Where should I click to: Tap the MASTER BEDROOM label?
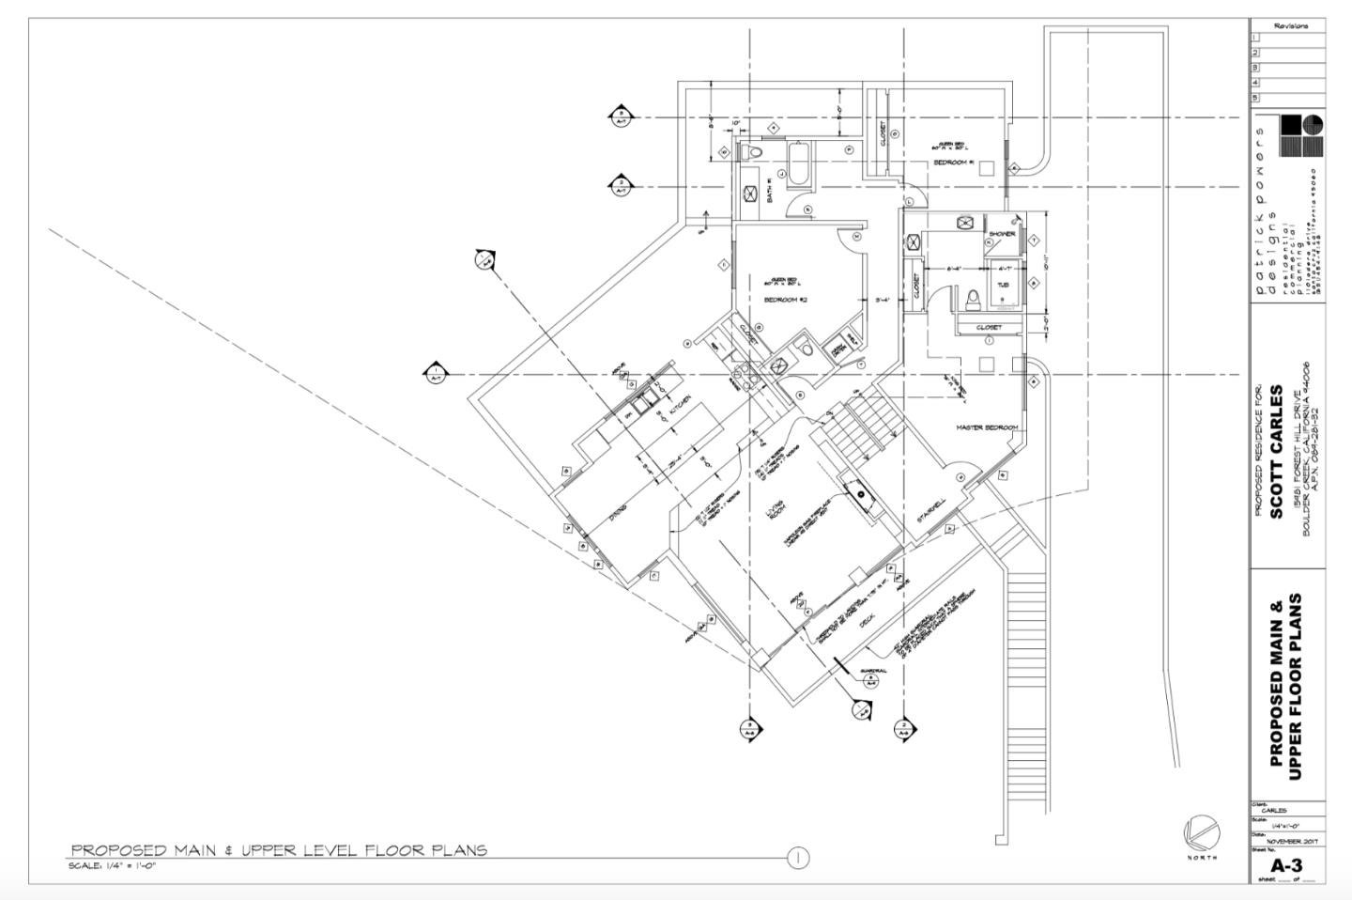tap(987, 427)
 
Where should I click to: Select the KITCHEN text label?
tap(681, 404)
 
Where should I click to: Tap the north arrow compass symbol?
tap(1202, 831)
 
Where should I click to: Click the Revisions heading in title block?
tap(1291, 26)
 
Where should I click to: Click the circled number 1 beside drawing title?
tap(798, 857)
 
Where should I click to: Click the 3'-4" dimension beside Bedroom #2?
tap(883, 301)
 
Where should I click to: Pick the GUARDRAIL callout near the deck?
tap(873, 671)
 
